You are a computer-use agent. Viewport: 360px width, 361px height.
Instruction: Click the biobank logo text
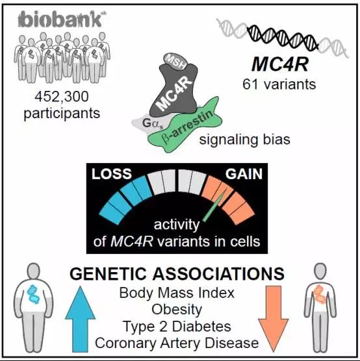tap(60, 19)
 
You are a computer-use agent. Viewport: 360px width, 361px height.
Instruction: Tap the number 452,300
tap(62, 97)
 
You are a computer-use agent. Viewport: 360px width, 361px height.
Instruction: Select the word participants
tap(62, 114)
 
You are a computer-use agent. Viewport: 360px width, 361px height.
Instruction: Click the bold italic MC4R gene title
tap(279, 64)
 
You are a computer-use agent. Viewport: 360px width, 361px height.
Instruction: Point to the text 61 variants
tap(279, 84)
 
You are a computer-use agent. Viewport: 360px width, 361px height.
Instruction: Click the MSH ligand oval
tap(175, 62)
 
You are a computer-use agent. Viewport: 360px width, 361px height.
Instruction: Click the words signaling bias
tap(244, 140)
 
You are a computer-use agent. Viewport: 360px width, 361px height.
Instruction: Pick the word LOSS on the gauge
tap(112, 174)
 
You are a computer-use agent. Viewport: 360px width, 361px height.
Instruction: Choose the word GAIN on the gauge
tap(244, 174)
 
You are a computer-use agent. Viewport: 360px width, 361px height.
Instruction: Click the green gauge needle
tap(214, 206)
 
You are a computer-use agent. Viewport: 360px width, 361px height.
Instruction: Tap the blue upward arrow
tap(80, 319)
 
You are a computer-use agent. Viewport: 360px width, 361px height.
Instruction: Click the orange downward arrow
tap(274, 319)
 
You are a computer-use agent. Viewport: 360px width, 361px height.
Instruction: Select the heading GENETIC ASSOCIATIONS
tap(177, 274)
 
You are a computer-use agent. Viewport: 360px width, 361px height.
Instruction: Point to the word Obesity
tap(177, 310)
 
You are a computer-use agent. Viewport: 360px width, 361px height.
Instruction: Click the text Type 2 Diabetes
tap(177, 327)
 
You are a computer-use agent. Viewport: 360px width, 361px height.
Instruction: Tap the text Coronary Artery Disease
tap(177, 343)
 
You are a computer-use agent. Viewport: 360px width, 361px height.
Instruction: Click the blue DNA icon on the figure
tap(33, 294)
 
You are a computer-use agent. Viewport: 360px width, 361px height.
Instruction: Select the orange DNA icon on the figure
tap(320, 293)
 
